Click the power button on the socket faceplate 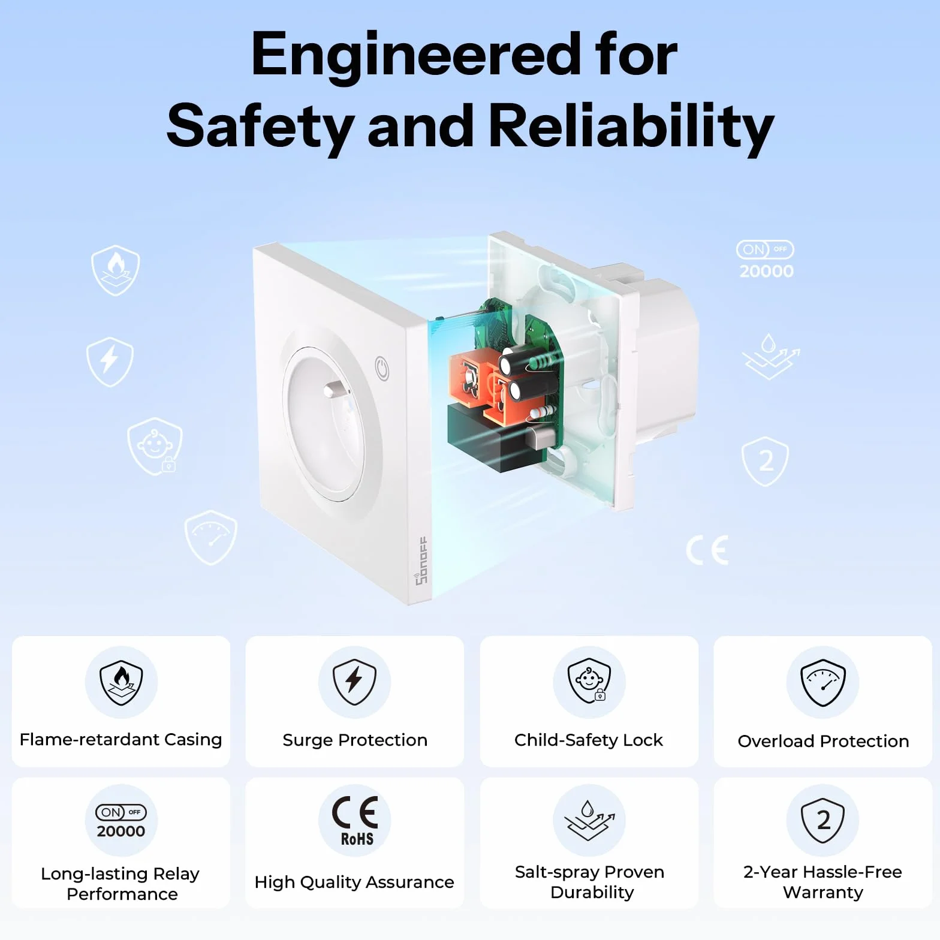coord(382,369)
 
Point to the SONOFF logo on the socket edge coord(421,561)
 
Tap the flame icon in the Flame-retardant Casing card coord(121,683)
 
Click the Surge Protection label coord(355,740)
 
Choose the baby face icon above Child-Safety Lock coord(589,682)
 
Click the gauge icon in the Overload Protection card coord(823,683)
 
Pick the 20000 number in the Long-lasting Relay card coord(121,831)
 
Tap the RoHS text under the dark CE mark coord(357,839)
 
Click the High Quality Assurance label coord(354,882)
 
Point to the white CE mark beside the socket coord(707,550)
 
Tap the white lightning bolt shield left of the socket coord(110,361)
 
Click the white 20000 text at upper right coord(766,272)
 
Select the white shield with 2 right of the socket coord(765,461)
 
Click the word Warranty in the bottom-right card coord(823,892)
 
